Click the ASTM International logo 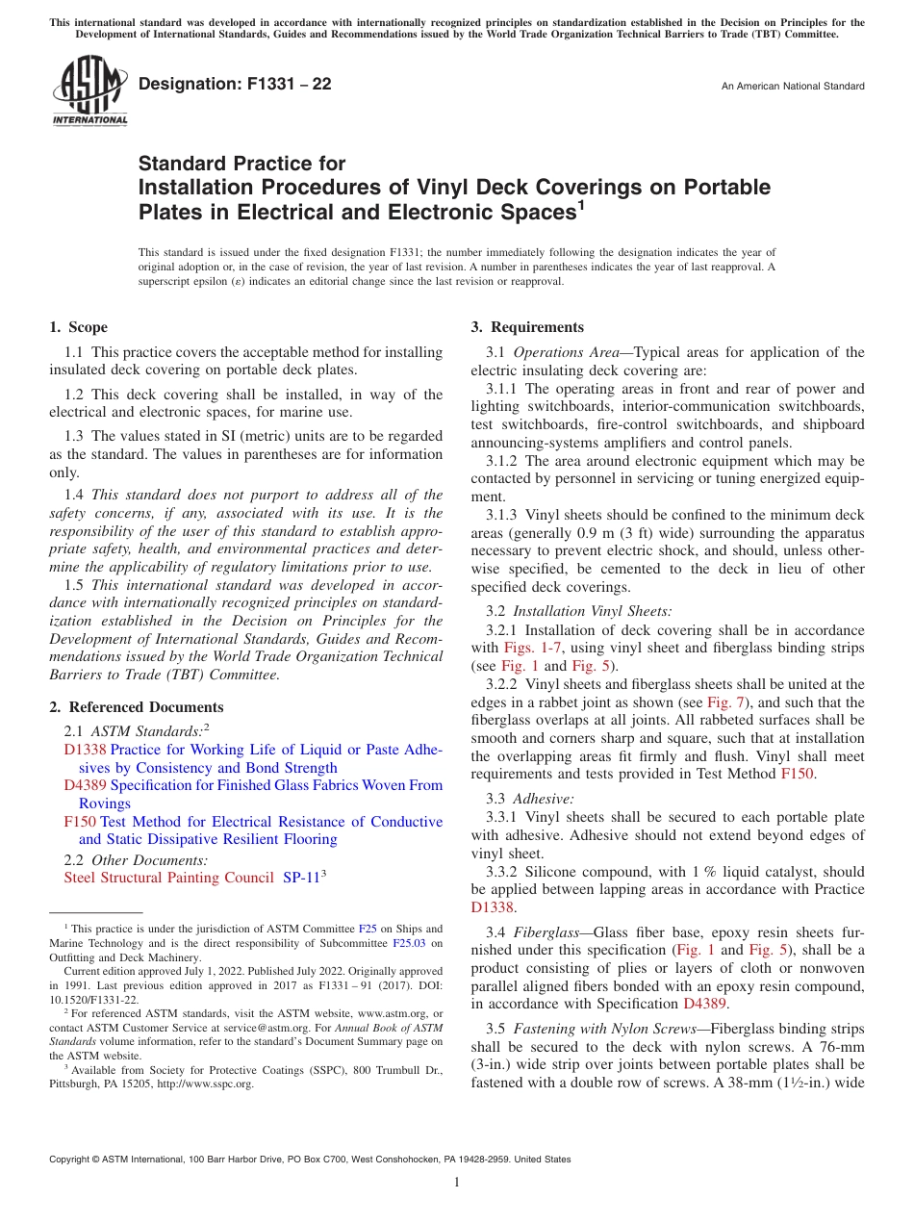pos(89,91)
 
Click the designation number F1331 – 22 pos(235,85)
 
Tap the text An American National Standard pos(793,87)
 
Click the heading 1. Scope pos(78,327)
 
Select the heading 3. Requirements pos(527,327)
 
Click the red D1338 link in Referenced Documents pos(85,750)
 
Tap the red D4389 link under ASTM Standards pos(85,785)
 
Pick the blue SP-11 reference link pos(300,878)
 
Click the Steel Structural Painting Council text pos(169,878)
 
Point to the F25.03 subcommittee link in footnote pos(411,943)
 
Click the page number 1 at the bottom pos(457,1183)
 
